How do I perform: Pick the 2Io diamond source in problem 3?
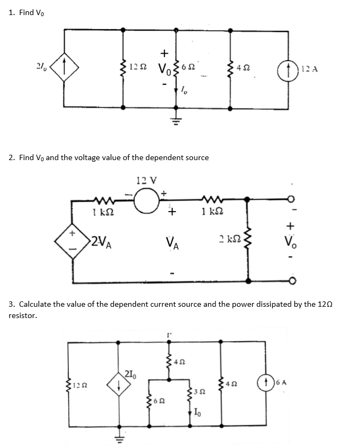coord(118,383)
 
